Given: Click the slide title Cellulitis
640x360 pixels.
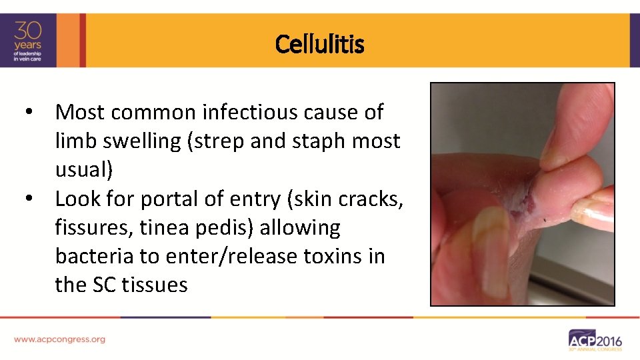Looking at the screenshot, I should (x=319, y=45).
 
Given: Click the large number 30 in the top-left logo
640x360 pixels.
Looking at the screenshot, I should (x=29, y=31).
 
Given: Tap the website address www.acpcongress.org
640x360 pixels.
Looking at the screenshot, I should (x=59, y=339).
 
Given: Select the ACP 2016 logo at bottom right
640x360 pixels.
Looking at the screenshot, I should (x=595, y=340).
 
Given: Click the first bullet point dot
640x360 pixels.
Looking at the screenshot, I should (x=27, y=112).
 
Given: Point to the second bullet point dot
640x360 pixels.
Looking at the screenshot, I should (x=27, y=199).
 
